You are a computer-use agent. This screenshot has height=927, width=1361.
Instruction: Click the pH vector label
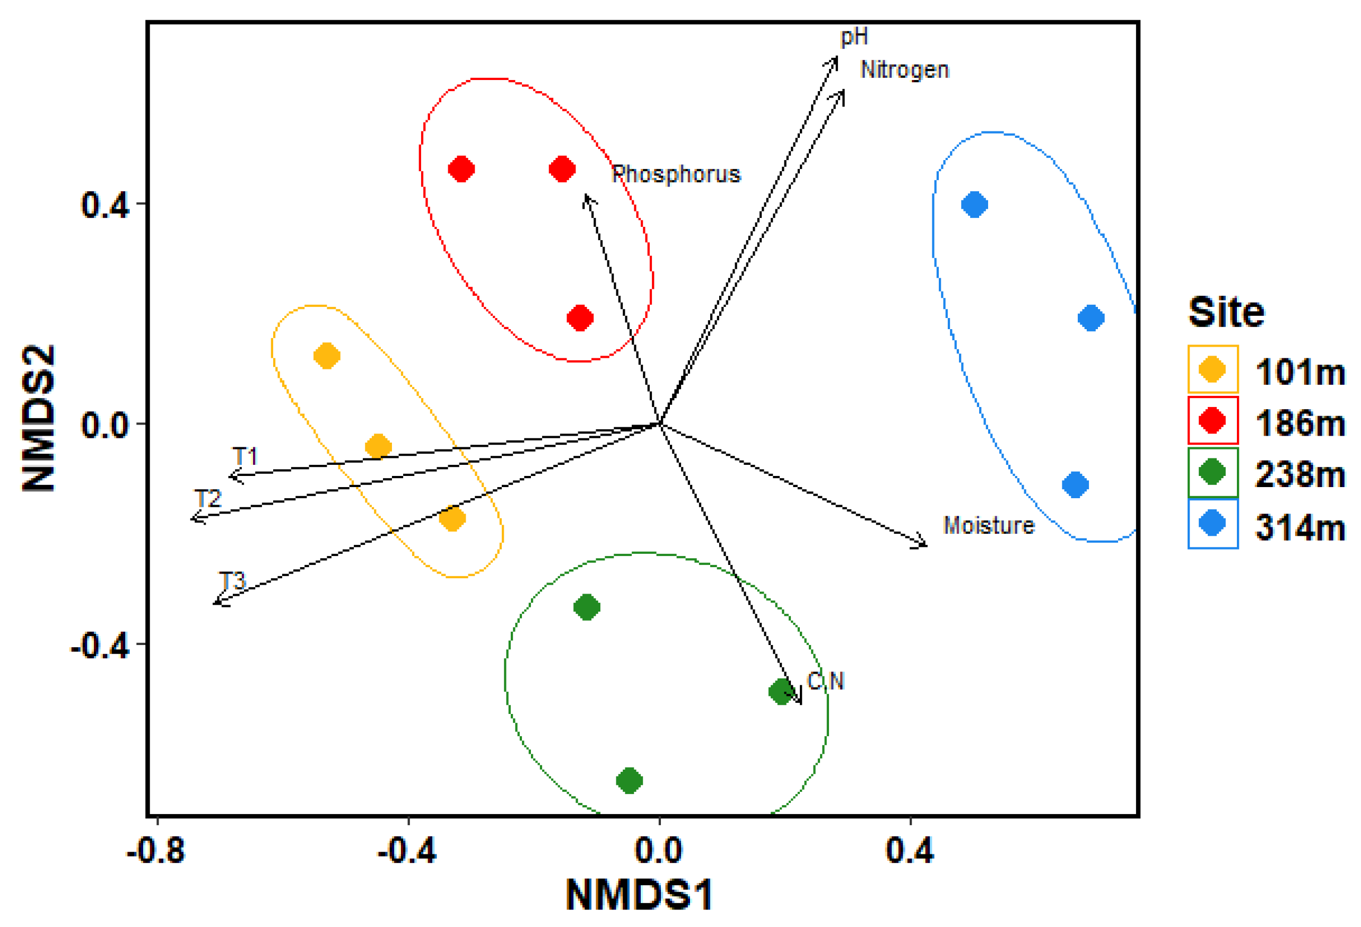point(854,37)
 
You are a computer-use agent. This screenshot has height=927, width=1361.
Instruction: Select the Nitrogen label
point(904,69)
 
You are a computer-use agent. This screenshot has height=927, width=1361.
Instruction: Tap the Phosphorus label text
point(676,174)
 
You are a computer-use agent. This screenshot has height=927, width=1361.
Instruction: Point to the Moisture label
point(989,525)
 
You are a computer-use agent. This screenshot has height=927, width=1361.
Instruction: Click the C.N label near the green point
point(825,681)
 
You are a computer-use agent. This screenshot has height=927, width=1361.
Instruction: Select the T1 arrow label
point(245,456)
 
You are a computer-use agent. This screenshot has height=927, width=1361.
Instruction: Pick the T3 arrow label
point(232,580)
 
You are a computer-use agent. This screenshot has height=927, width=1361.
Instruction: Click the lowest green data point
point(630,780)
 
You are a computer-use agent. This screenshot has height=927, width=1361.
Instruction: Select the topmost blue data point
point(974,204)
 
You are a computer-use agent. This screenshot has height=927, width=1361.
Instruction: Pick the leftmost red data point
point(461,169)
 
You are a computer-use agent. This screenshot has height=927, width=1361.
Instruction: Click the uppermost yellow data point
point(327,355)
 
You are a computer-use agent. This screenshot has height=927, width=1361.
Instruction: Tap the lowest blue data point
point(1075,484)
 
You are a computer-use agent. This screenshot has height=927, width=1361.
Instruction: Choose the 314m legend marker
point(1212,523)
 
